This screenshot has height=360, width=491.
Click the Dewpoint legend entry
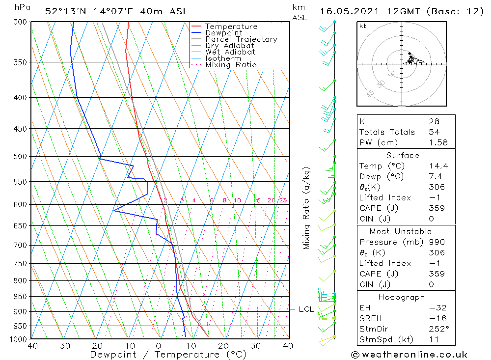click(x=224, y=33)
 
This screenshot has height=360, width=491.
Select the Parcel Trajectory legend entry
click(x=241, y=39)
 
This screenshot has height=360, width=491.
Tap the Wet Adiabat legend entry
click(x=230, y=52)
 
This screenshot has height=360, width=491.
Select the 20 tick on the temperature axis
click(x=223, y=346)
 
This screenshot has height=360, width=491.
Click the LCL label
click(x=306, y=309)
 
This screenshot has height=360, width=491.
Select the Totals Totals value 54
click(x=434, y=132)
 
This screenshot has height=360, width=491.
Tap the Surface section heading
click(x=403, y=155)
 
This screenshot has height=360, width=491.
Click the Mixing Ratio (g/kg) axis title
click(x=307, y=208)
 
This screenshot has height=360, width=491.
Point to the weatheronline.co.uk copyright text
click(x=409, y=355)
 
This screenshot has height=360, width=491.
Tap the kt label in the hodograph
click(x=363, y=26)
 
